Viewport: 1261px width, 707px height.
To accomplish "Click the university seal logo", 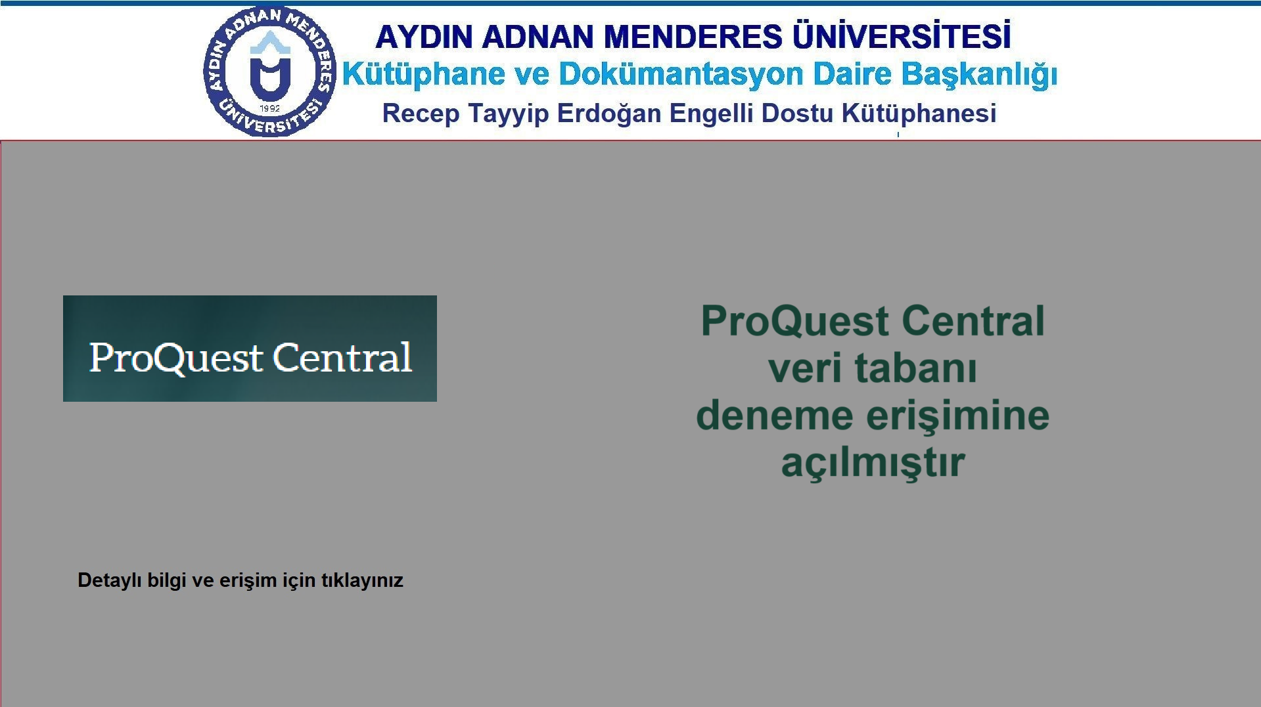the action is pos(270,72).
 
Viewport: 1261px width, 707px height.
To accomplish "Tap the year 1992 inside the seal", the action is pos(270,108).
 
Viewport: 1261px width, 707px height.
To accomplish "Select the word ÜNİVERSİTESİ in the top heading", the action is pos(902,35).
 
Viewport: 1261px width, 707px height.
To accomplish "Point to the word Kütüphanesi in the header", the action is pos(919,114).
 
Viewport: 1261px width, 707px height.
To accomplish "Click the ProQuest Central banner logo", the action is pos(250,349).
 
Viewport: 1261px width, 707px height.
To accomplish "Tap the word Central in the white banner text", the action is pos(342,357).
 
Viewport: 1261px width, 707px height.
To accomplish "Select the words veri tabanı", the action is pos(873,368).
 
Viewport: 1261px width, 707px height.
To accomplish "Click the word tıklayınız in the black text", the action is pos(362,581).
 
